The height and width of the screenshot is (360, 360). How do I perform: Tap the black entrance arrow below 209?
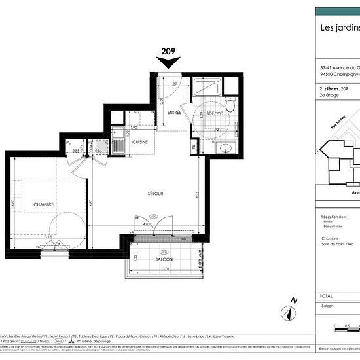[x=169, y=62]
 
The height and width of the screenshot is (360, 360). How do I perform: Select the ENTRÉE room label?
[x=173, y=113]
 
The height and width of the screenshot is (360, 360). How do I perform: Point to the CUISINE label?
[x=139, y=142]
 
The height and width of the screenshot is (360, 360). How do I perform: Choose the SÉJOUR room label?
[x=154, y=194]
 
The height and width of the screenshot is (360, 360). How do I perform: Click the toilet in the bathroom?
[x=229, y=105]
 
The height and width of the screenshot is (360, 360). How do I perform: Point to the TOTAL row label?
[x=327, y=295]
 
